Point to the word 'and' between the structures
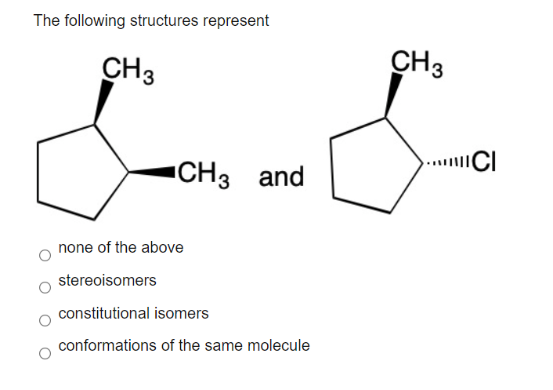coord(281,177)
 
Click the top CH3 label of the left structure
coord(128,68)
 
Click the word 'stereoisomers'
coord(107,280)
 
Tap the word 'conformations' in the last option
coord(105,345)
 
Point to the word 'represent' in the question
coord(235,21)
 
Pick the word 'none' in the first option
coord(74,247)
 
